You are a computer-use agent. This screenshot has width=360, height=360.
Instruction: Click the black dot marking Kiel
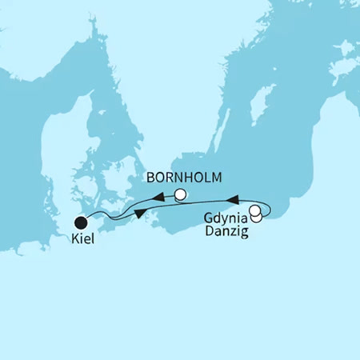coord(81,222)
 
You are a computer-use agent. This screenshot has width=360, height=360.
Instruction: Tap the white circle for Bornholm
coord(181,194)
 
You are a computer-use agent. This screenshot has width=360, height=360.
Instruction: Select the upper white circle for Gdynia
coord(254,211)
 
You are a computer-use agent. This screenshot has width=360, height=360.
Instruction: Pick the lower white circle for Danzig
coord(257,218)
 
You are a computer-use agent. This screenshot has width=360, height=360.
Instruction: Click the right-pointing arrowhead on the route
coord(141,213)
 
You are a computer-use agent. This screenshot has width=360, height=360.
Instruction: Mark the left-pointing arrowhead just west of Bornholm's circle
coord(159,197)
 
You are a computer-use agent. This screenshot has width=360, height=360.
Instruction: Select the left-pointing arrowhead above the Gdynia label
coord(234,198)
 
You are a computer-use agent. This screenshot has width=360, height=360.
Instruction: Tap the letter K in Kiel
coord(72,239)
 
